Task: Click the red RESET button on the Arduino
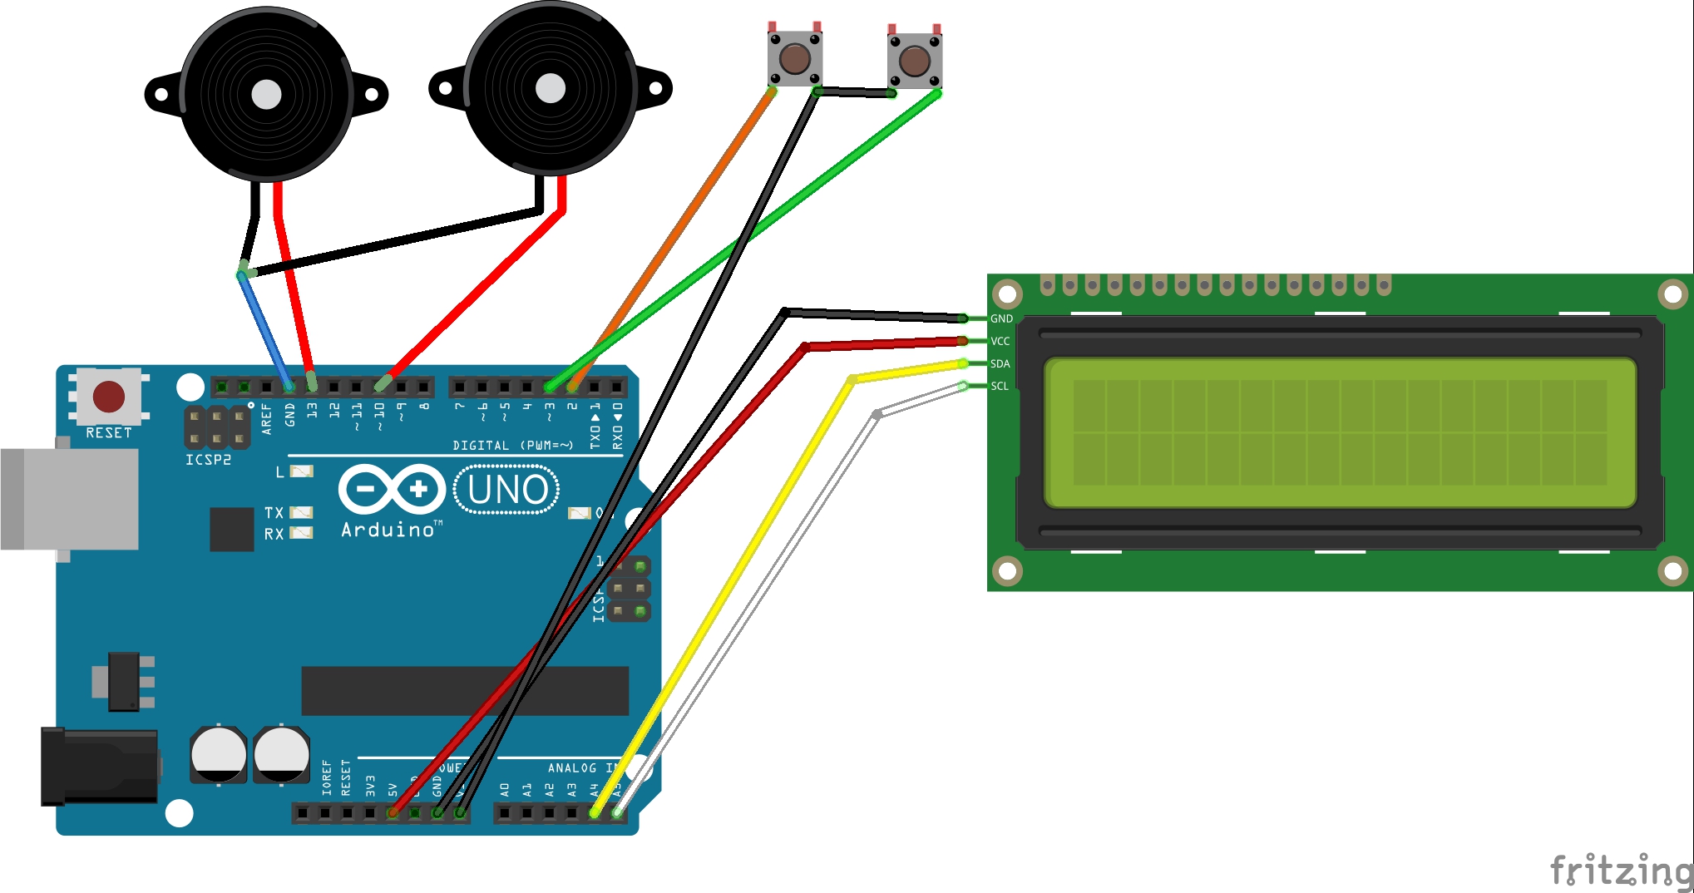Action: (x=109, y=397)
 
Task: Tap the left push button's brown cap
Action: (x=795, y=58)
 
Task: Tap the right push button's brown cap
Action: (x=915, y=61)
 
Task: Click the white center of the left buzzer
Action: (x=266, y=94)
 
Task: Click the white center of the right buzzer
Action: (x=550, y=88)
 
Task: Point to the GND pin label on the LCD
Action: (x=1001, y=318)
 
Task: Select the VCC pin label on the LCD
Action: (x=1000, y=341)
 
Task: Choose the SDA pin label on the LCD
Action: (x=1000, y=363)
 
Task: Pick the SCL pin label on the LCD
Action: (x=1000, y=386)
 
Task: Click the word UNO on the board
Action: (x=507, y=490)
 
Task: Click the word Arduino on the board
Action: (x=388, y=530)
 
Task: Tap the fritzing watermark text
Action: (x=1621, y=871)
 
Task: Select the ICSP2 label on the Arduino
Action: (x=208, y=459)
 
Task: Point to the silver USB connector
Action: (x=70, y=499)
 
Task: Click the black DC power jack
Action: (x=100, y=766)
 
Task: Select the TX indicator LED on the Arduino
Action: (x=301, y=512)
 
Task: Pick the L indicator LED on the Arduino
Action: (x=302, y=471)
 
